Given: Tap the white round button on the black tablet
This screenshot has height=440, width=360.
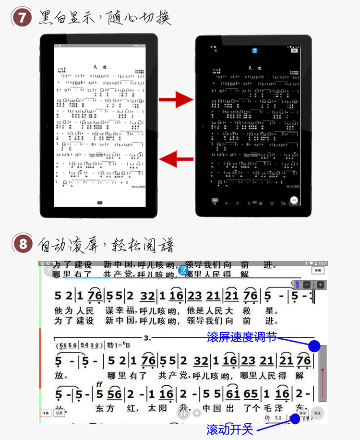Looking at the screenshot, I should point(294,200).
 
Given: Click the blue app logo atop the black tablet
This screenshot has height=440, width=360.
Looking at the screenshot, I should point(255,50).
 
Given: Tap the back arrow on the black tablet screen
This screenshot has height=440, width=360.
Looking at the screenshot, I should point(216,50).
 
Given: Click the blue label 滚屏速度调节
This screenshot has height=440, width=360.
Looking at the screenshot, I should point(241,337).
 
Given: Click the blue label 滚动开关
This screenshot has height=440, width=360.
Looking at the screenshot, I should point(229,428).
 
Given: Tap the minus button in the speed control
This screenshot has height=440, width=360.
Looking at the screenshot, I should point(307,285).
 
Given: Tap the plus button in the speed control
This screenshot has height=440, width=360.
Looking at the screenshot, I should point(320,285).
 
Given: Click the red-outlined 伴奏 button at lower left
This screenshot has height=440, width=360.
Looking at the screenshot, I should point(45,413).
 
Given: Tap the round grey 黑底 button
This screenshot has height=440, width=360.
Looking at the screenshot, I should point(317,413).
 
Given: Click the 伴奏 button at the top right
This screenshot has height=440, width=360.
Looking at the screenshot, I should point(317,271).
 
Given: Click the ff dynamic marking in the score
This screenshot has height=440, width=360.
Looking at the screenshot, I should point(99,384).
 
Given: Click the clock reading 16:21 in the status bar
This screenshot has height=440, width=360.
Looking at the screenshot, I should point(323,263).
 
